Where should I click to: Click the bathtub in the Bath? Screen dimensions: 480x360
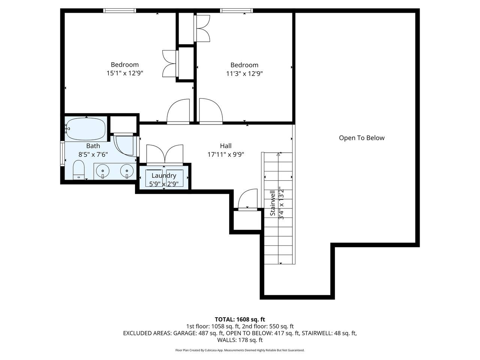(86, 129)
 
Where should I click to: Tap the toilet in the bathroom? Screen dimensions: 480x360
(78, 170)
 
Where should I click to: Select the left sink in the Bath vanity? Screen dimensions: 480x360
(102, 171)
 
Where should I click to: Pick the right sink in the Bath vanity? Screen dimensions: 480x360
(127, 171)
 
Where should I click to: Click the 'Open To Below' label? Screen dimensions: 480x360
(361, 138)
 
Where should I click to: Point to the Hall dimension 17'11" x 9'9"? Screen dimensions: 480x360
(226, 154)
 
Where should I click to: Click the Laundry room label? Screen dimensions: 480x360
(164, 175)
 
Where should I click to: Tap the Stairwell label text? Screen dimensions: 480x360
(273, 203)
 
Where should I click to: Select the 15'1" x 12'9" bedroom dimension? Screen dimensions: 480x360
(124, 73)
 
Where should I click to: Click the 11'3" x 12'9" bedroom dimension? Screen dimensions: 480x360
(244, 73)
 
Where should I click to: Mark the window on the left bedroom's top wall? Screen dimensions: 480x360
(120, 10)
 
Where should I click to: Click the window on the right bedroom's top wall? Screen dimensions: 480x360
(236, 10)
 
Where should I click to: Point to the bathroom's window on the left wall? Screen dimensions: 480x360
(62, 154)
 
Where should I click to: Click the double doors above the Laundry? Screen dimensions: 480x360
(165, 155)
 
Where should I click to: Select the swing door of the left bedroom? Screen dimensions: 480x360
(178, 111)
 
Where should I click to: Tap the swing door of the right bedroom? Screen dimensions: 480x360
(211, 111)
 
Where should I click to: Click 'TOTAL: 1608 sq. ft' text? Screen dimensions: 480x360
(240, 319)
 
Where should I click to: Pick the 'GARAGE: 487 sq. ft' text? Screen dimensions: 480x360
(198, 333)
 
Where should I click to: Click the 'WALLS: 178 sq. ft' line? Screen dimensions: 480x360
(240, 340)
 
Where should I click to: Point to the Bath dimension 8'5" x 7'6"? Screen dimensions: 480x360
(93, 154)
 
